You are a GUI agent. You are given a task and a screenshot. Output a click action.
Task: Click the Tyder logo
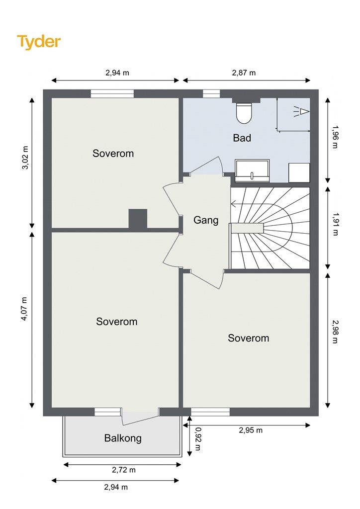pyautogui.click(x=39, y=42)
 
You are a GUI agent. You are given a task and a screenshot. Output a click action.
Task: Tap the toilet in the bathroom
pyautogui.click(x=244, y=113)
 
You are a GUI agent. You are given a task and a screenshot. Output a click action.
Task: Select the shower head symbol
pyautogui.click(x=301, y=112)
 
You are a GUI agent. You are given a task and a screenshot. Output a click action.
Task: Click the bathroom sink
pyautogui.click(x=252, y=170)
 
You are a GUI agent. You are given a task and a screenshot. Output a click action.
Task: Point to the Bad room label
pyautogui.click(x=242, y=138)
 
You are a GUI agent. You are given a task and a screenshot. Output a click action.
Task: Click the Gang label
pyautogui.click(x=206, y=220)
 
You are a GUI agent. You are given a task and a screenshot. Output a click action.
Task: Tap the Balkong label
pyautogui.click(x=123, y=438)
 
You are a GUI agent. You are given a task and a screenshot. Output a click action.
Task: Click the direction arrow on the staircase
pyautogui.click(x=247, y=204)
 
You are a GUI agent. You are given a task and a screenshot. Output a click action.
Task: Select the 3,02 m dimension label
pyautogui.click(x=25, y=158)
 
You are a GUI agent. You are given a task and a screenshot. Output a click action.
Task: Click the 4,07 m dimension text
pyautogui.click(x=25, y=309)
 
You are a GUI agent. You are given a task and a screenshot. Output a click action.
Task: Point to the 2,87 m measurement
pyautogui.click(x=244, y=73)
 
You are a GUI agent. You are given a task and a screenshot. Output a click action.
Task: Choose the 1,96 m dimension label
pyautogui.click(x=335, y=137)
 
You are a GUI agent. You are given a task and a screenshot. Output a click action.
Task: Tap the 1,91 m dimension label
pyautogui.click(x=335, y=224)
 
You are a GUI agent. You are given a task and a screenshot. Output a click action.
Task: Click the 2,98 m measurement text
pyautogui.click(x=335, y=332)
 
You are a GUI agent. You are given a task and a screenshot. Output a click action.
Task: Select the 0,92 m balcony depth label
pyautogui.click(x=198, y=439)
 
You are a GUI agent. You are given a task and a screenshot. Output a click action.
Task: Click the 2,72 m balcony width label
pyautogui.click(x=124, y=470)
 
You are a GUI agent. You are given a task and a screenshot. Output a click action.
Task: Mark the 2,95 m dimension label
pyautogui.click(x=251, y=430)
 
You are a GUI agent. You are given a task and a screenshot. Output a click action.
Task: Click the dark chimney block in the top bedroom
pyautogui.click(x=138, y=219)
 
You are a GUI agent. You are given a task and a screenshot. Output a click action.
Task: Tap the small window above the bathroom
pyautogui.click(x=211, y=94)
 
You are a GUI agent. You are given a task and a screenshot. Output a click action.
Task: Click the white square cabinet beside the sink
pyautogui.click(x=299, y=172)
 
